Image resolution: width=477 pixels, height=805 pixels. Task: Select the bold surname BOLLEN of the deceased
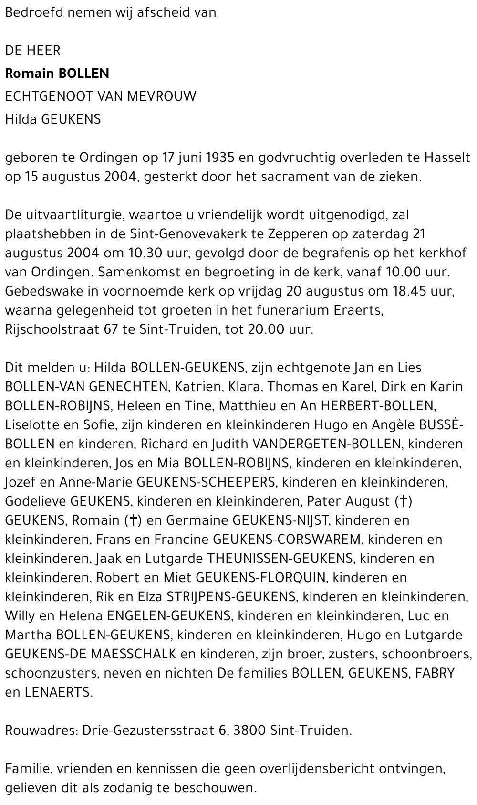[x=83, y=74]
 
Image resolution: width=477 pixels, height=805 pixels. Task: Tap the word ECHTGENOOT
[x=48, y=96]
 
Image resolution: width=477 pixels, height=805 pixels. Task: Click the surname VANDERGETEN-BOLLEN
[x=326, y=444]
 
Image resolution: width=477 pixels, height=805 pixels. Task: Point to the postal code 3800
[x=249, y=731]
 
